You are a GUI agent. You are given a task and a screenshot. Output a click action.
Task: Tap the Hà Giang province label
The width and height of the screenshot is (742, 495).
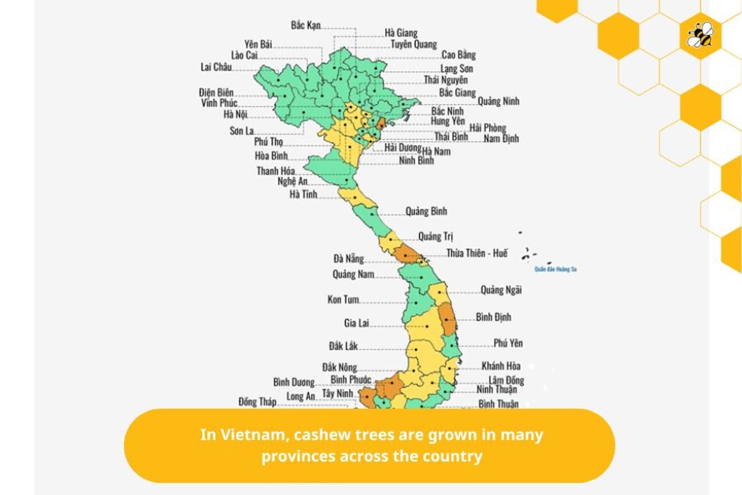(401, 33)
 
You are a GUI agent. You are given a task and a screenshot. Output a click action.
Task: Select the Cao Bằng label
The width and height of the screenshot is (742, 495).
(458, 55)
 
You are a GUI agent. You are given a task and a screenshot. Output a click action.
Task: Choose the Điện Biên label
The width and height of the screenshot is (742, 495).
(216, 92)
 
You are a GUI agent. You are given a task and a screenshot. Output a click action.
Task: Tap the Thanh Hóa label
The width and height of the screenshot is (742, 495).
(276, 171)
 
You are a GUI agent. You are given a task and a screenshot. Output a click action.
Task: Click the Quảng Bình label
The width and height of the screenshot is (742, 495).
(426, 212)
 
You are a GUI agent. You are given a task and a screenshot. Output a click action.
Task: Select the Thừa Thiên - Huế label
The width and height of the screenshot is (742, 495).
(477, 253)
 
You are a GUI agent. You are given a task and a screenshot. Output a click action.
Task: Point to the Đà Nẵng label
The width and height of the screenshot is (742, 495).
(349, 259)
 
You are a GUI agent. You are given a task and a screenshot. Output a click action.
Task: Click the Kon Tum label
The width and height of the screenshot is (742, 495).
(343, 300)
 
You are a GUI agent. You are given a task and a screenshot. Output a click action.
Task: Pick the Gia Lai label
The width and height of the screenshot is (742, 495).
(356, 323)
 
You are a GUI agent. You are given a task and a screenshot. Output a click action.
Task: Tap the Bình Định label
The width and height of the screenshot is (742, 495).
(493, 317)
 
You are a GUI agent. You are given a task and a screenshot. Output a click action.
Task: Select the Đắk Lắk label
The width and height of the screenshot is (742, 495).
(343, 346)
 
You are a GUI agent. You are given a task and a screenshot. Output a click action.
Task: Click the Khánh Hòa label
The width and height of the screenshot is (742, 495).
(501, 366)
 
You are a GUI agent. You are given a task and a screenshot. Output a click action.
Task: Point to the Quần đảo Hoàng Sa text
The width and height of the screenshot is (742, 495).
(556, 270)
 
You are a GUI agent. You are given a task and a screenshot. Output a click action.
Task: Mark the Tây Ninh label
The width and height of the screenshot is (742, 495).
(338, 394)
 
